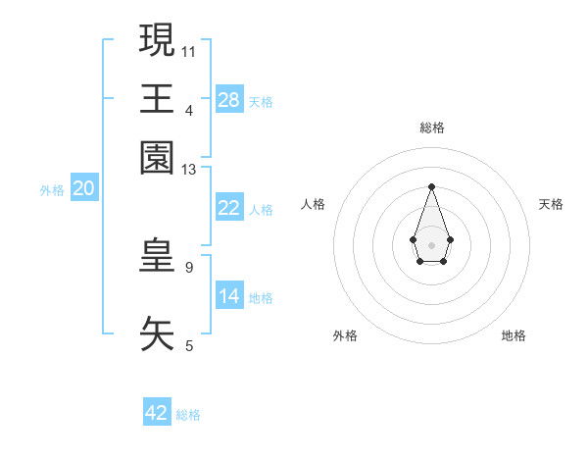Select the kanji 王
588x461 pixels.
point(158,98)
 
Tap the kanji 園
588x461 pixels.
point(158,157)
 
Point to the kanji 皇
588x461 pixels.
point(158,254)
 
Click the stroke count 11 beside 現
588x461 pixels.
point(189,50)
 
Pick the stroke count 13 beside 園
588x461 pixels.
point(189,171)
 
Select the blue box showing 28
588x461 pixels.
point(229,100)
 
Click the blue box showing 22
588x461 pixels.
point(229,208)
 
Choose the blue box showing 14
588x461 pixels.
point(229,296)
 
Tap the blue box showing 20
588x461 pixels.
point(83,189)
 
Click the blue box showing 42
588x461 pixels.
point(157,413)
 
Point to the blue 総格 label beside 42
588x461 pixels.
point(188,415)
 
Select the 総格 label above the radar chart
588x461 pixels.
point(431,128)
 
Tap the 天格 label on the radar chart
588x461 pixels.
point(551,204)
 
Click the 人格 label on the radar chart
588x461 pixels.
point(314,204)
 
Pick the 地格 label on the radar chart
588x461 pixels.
point(514,335)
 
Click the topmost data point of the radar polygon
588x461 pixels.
point(431,186)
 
